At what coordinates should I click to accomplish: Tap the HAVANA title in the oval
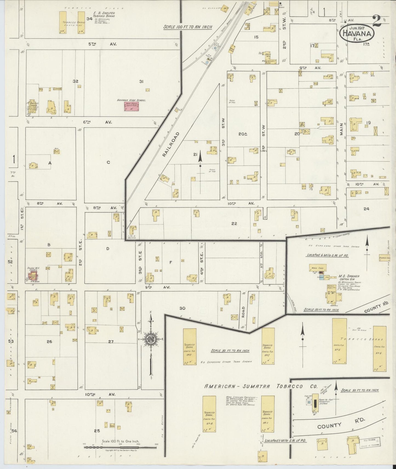point(357,34)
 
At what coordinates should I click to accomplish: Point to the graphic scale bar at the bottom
point(120,447)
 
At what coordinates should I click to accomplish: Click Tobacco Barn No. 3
point(190,346)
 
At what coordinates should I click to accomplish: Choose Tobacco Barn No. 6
point(380,348)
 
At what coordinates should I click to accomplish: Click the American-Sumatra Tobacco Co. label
point(261,386)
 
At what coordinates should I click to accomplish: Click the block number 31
point(141,81)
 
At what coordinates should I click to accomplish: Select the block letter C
point(108,162)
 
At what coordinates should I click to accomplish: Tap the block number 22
point(234,223)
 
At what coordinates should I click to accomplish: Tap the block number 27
point(111,341)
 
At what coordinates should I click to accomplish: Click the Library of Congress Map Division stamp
point(370,442)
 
